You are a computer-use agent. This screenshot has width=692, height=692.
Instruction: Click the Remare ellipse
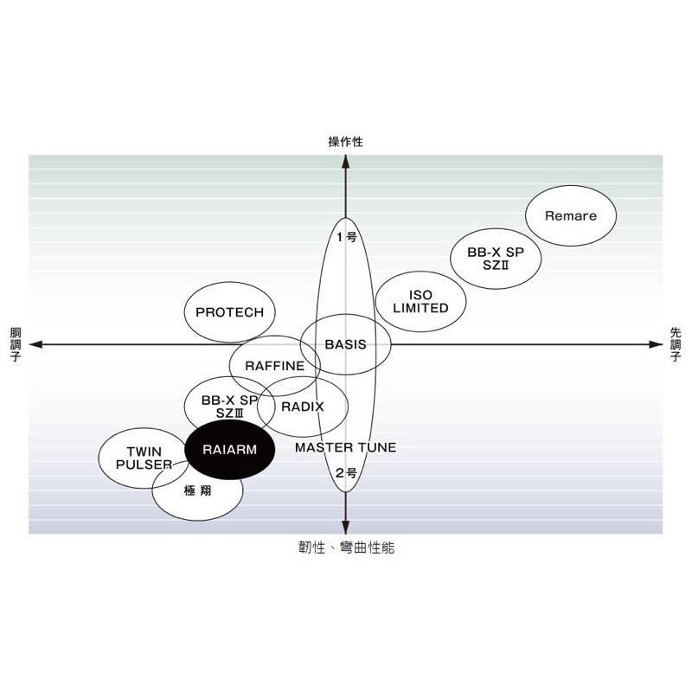tap(571, 216)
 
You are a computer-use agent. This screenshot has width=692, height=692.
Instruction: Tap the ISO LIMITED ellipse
tap(421, 302)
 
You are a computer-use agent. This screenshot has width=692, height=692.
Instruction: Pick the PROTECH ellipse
tap(229, 312)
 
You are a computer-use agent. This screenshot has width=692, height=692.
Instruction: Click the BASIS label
tap(345, 344)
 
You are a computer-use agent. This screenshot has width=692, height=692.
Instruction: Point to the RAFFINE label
tap(274, 365)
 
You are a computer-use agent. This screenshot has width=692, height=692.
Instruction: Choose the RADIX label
tap(303, 407)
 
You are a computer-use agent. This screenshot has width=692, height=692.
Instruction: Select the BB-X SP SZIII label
tap(229, 407)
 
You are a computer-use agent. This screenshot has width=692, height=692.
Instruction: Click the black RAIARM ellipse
tap(230, 450)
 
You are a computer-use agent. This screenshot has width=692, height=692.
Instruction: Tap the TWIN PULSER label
tap(144, 458)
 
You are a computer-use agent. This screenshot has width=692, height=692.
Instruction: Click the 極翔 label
tap(197, 491)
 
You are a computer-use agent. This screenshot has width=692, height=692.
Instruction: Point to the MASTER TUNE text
tap(345, 447)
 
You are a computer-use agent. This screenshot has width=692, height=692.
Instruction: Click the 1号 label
tap(346, 236)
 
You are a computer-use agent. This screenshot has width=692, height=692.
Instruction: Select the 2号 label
tap(346, 472)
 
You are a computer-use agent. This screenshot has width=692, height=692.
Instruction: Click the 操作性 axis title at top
tap(345, 142)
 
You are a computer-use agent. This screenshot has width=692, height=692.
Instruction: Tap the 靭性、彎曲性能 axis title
tap(345, 548)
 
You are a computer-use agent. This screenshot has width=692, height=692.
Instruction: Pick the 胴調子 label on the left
tap(15, 344)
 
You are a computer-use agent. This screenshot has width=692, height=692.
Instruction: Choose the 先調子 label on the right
tap(676, 344)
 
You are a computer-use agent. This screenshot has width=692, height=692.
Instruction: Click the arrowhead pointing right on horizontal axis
tap(657, 344)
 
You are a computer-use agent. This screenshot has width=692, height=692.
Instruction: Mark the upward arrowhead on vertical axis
tap(345, 161)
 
